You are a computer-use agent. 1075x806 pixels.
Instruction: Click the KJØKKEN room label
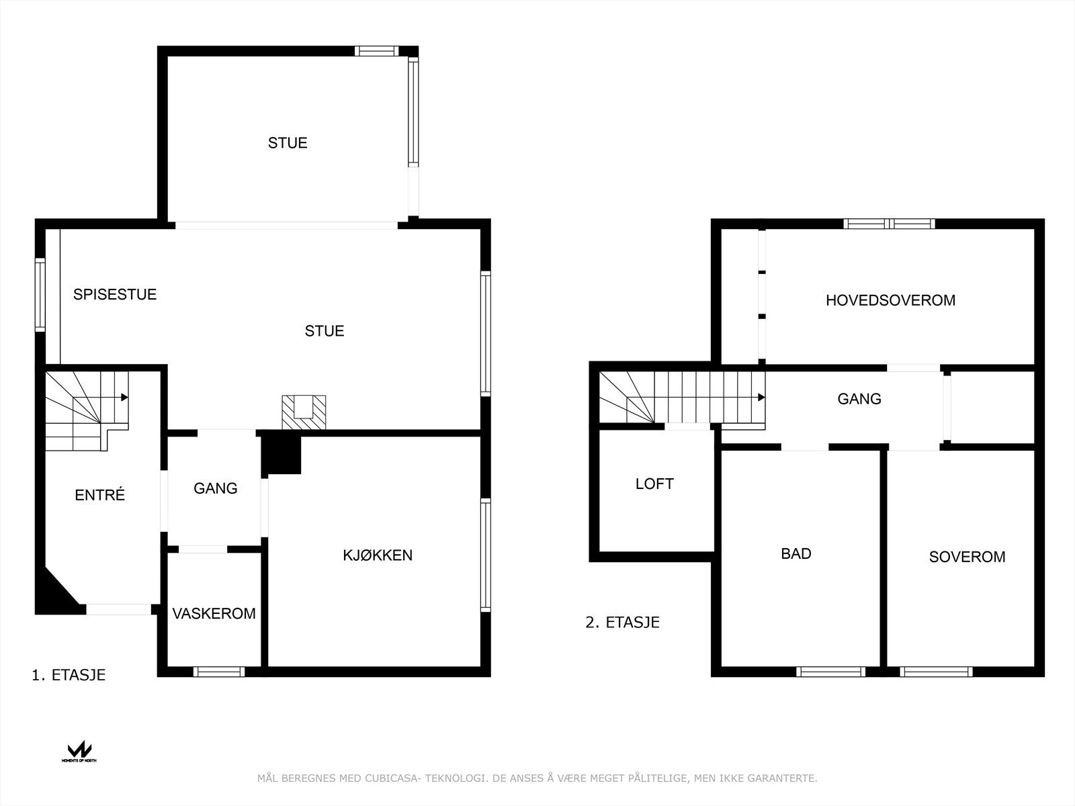pyautogui.click(x=378, y=555)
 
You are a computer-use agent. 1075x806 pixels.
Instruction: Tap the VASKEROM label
pyautogui.click(x=214, y=613)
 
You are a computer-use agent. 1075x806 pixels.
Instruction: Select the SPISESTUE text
pyautogui.click(x=115, y=294)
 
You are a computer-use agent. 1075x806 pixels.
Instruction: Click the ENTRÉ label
pyautogui.click(x=100, y=495)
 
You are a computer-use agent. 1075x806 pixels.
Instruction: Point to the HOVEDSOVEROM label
pyautogui.click(x=890, y=300)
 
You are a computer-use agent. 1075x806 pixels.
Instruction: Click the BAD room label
pyautogui.click(x=796, y=553)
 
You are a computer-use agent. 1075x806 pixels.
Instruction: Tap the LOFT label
pyautogui.click(x=654, y=484)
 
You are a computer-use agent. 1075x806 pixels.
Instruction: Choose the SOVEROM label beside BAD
pyautogui.click(x=967, y=557)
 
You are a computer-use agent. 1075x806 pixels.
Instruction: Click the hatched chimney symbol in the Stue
pyautogui.click(x=304, y=412)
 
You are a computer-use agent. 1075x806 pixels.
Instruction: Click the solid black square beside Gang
pyautogui.click(x=282, y=453)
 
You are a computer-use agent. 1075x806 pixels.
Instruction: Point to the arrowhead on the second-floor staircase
pyautogui.click(x=761, y=398)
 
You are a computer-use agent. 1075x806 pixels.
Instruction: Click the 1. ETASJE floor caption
pyautogui.click(x=69, y=675)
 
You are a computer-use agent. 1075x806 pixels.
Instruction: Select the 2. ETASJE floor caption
pyautogui.click(x=622, y=623)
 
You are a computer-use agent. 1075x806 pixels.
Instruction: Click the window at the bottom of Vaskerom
pyautogui.click(x=219, y=671)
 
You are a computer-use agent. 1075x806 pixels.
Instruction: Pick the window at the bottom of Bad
pyautogui.click(x=830, y=671)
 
